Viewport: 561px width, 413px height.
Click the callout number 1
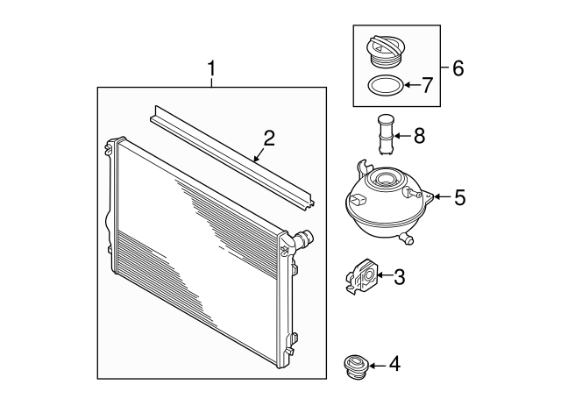click(211, 67)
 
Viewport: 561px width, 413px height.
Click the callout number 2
click(268, 137)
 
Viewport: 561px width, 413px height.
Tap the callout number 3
click(399, 278)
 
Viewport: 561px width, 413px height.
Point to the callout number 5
click(458, 198)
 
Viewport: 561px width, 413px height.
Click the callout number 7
click(427, 85)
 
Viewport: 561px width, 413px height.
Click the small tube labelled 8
click(385, 134)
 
